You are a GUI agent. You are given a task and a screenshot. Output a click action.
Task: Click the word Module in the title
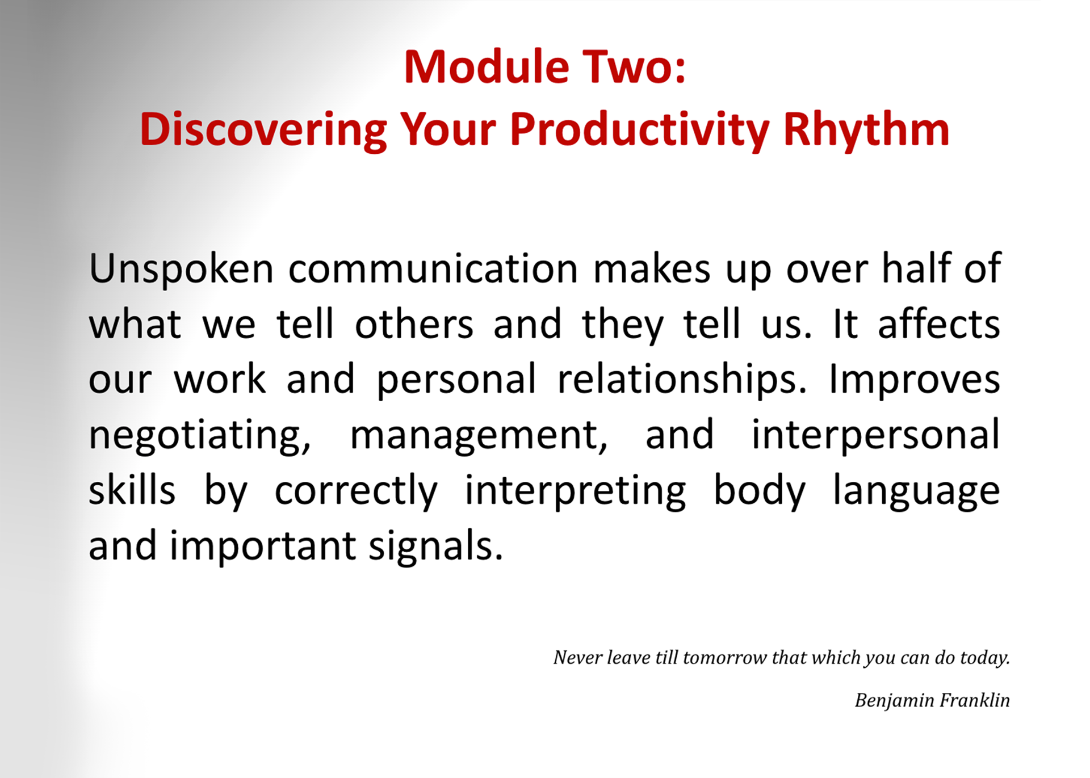[x=487, y=67]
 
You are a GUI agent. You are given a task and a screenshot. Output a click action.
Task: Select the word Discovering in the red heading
[x=263, y=130]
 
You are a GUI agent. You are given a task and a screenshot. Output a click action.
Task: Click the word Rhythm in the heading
[x=866, y=130]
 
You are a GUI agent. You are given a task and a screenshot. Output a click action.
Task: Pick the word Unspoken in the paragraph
[x=181, y=269]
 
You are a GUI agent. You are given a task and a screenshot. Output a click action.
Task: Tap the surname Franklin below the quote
[x=975, y=700]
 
